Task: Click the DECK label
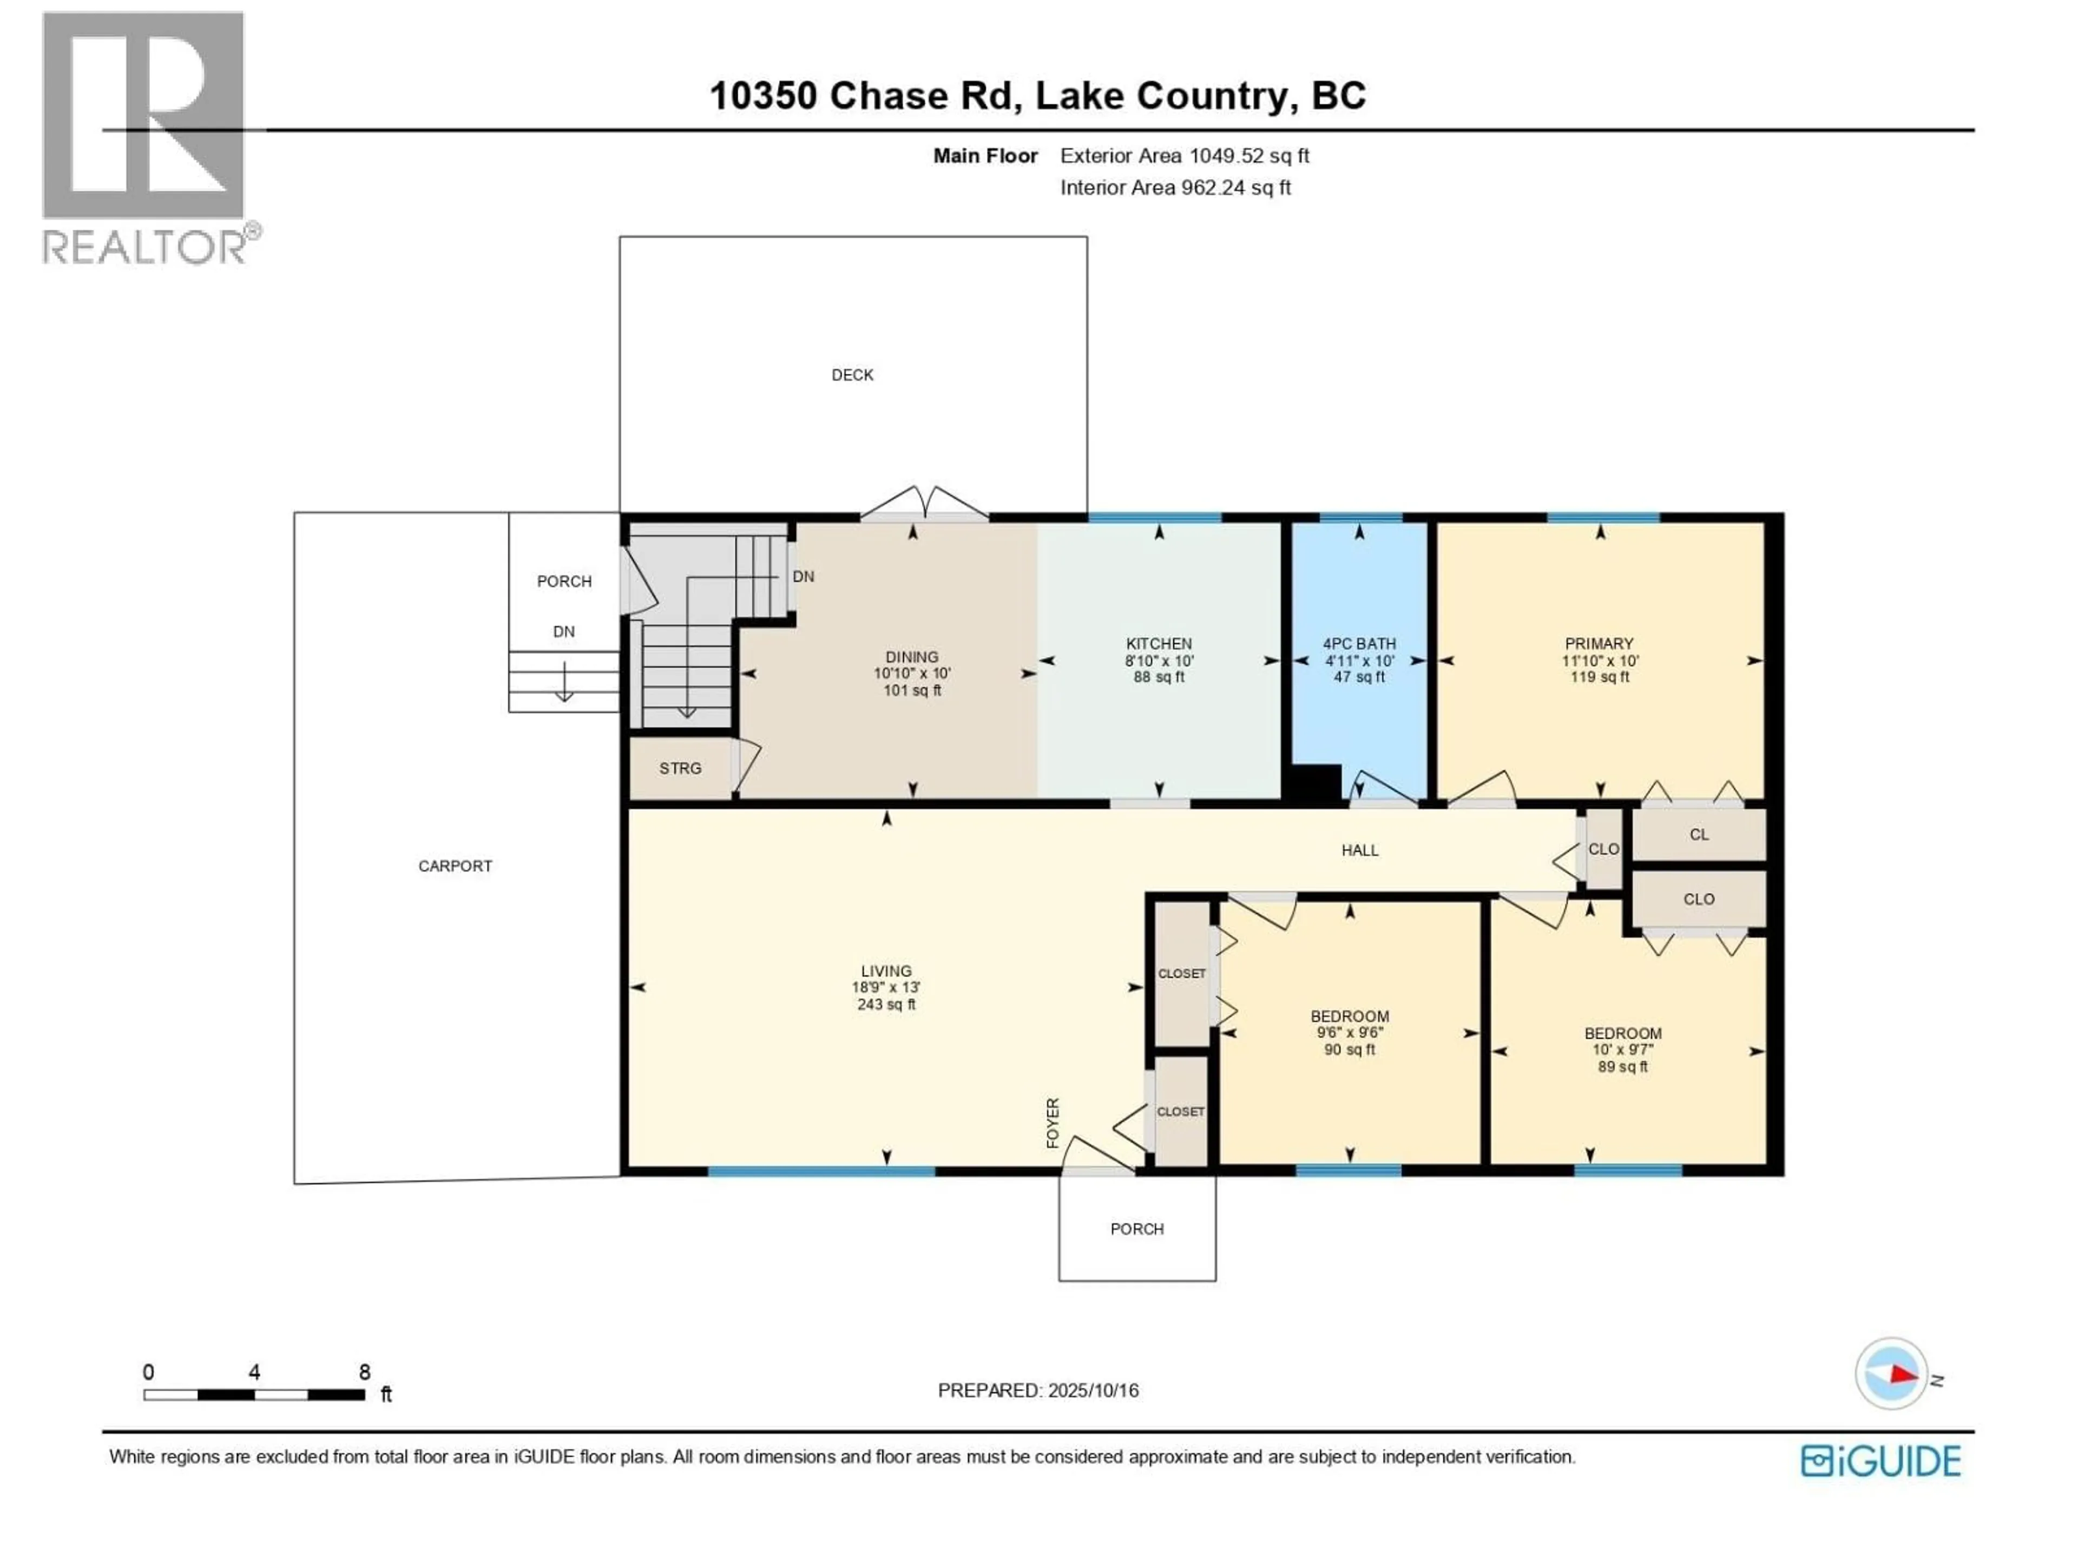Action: [x=852, y=375]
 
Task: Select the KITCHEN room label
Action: [x=1158, y=643]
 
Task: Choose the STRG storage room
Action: [x=680, y=768]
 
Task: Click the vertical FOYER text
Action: [x=1052, y=1123]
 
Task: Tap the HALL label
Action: [x=1359, y=850]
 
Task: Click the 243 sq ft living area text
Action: [x=886, y=1004]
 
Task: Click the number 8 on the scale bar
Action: [x=365, y=1372]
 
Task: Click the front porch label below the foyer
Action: [x=1137, y=1229]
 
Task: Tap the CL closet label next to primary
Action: [x=1699, y=834]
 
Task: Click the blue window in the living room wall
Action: [x=821, y=1171]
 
